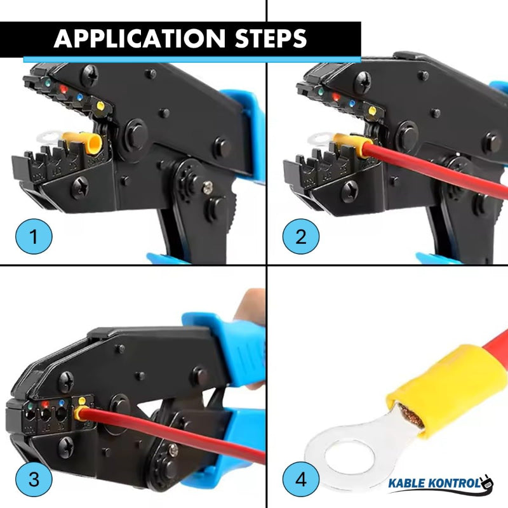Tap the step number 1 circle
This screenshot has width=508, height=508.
tap(33, 237)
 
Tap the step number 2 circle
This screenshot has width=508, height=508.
tap(300, 237)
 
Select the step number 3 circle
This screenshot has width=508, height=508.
tap(33, 478)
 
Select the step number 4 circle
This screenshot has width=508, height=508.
tap(300, 478)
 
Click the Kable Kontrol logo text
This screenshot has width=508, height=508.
tap(433, 485)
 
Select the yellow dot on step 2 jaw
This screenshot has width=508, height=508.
tap(372, 111)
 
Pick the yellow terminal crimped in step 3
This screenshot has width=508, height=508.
tap(81, 414)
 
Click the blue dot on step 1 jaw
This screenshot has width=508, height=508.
tap(79, 98)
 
